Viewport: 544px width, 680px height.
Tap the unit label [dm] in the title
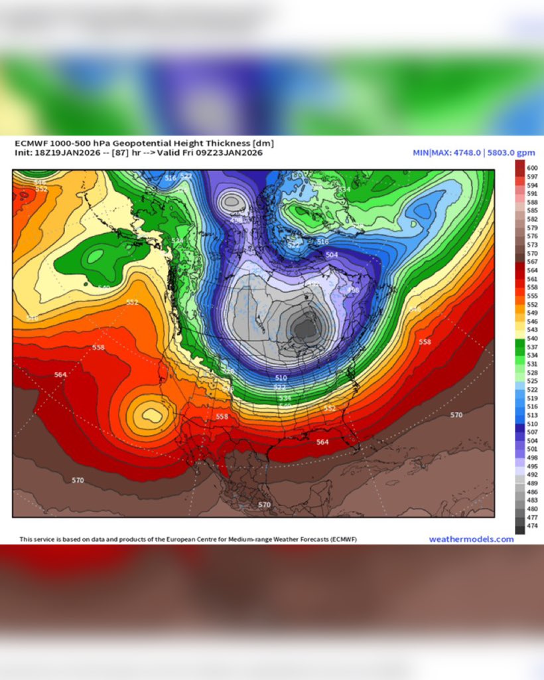point(263,143)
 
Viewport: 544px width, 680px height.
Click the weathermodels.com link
point(471,539)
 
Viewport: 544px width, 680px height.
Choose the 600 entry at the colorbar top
point(532,169)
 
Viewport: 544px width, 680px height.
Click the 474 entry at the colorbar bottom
point(532,526)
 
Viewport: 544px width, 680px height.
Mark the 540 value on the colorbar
point(532,339)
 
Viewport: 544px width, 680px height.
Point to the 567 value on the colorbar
point(532,262)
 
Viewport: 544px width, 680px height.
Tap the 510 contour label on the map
point(281,378)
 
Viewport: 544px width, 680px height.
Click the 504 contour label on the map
point(332,255)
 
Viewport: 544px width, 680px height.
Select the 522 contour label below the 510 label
point(281,387)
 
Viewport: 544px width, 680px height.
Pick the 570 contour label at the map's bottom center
point(264,505)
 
